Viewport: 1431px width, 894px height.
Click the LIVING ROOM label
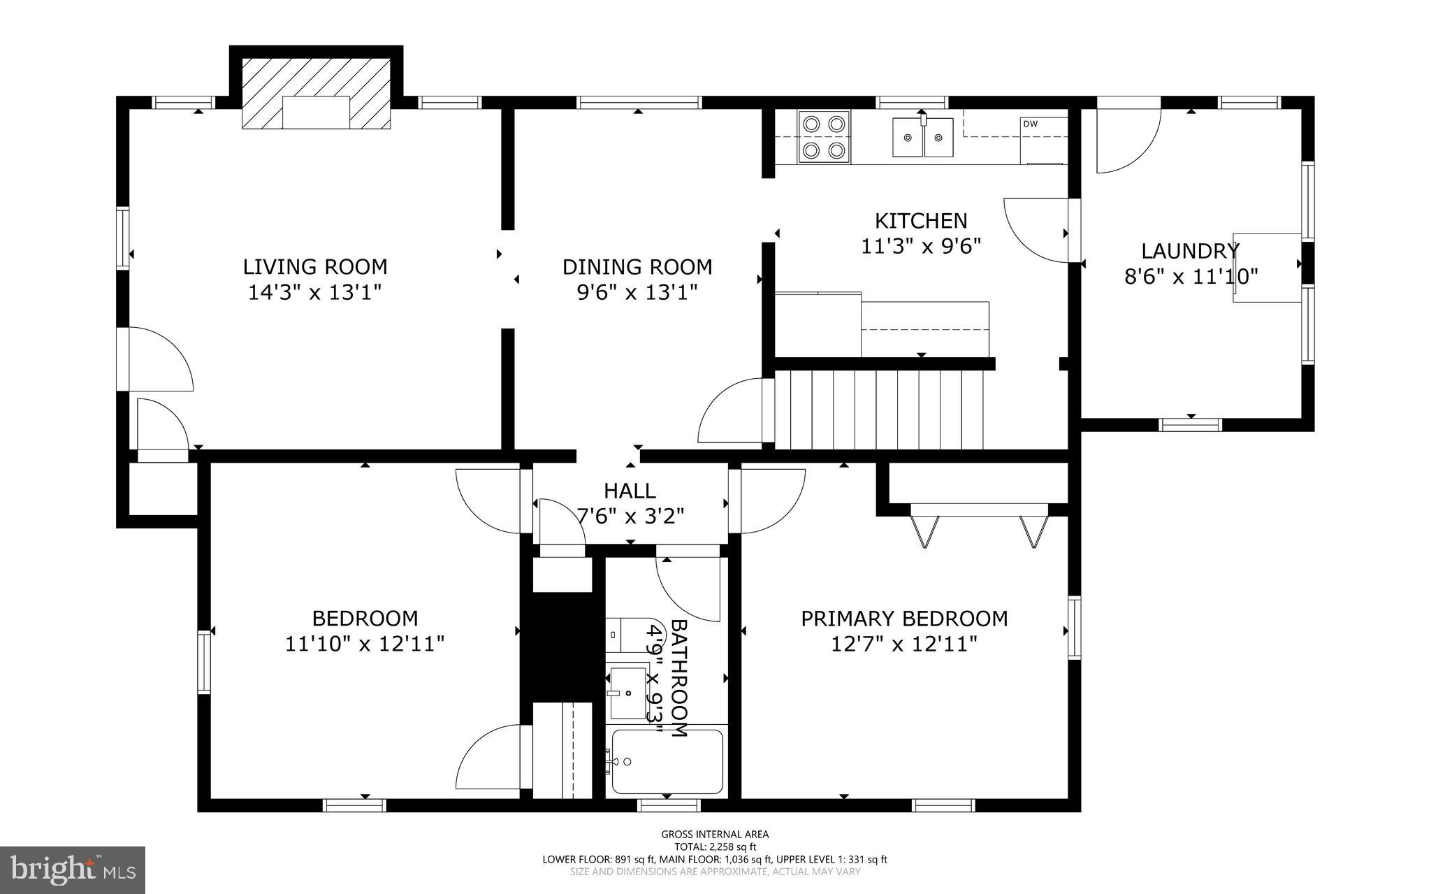[315, 267]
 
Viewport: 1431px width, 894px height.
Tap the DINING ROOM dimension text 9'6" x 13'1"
[637, 292]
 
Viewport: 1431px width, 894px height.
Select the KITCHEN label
[921, 221]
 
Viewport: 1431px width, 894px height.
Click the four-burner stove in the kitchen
[824, 137]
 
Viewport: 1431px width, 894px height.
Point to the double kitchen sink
[922, 138]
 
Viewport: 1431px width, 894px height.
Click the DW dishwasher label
[1030, 124]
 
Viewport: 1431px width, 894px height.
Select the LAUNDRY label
[1190, 250]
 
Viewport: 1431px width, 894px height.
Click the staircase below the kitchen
[879, 410]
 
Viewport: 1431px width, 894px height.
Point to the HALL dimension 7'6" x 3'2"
[630, 517]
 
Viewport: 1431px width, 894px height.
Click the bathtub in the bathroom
[667, 762]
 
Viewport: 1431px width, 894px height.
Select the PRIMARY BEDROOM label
[904, 619]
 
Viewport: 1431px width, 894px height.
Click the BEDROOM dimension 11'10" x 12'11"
[365, 644]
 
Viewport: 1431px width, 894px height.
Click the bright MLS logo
[73, 870]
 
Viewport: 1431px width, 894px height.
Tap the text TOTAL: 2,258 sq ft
[715, 846]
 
